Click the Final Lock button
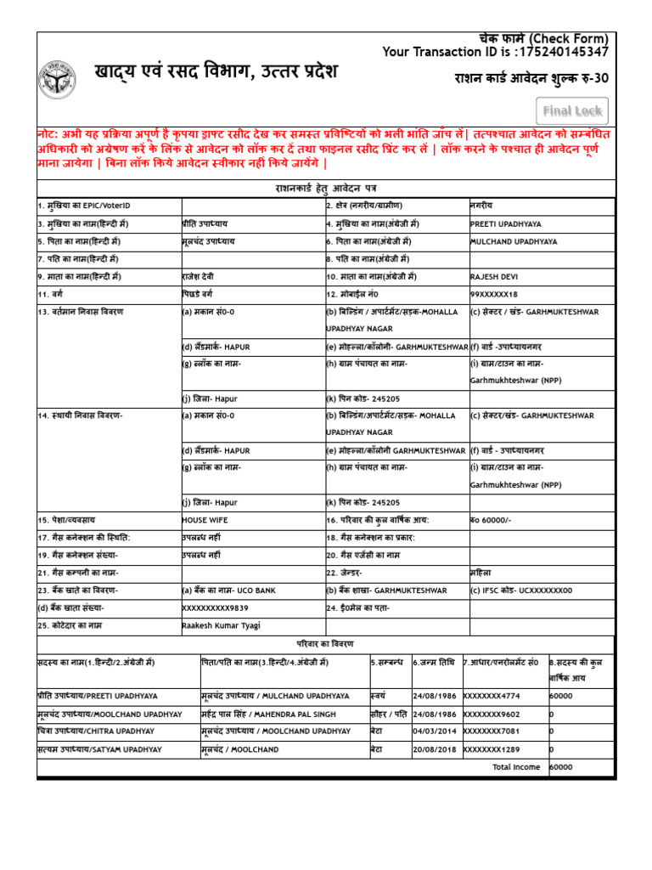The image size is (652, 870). click(x=572, y=111)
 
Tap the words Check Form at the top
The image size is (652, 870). click(x=570, y=39)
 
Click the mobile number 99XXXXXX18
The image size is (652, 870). click(x=493, y=294)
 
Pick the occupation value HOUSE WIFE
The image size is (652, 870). click(x=205, y=519)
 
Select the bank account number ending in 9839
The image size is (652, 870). click(x=216, y=607)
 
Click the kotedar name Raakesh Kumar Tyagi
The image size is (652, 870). click(x=221, y=625)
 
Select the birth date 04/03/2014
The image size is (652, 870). click(x=435, y=731)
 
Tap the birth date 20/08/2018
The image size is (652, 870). click(x=435, y=749)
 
